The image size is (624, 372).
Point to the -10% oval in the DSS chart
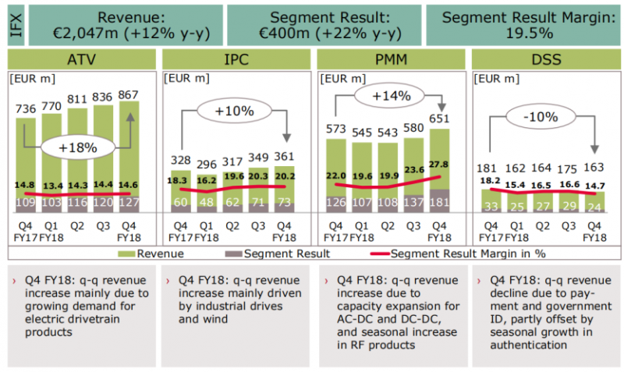point(540,117)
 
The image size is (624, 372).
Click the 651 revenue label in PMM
point(440,118)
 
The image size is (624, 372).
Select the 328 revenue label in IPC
point(180,160)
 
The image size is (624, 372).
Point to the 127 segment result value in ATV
point(129,203)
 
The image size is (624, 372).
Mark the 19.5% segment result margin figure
point(528,34)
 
